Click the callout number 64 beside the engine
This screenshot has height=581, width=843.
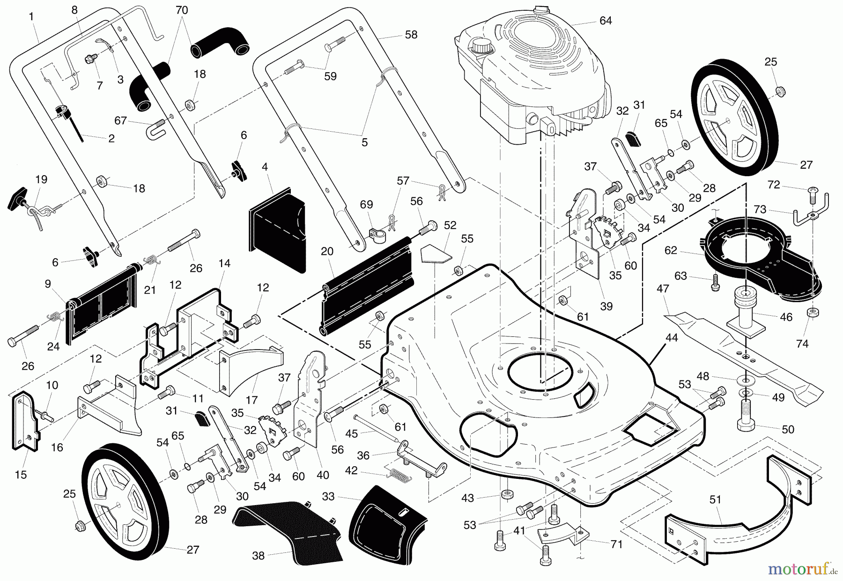[x=606, y=21]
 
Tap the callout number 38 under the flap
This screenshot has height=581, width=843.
[x=258, y=556]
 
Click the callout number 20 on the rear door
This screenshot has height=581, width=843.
[x=327, y=252]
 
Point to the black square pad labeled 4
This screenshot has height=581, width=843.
[x=276, y=230]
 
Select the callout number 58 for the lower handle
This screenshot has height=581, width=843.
[x=411, y=35]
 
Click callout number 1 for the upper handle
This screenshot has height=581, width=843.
[x=31, y=17]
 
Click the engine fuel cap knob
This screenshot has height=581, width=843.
[x=481, y=46]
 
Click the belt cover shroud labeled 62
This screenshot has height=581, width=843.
[x=749, y=262]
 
